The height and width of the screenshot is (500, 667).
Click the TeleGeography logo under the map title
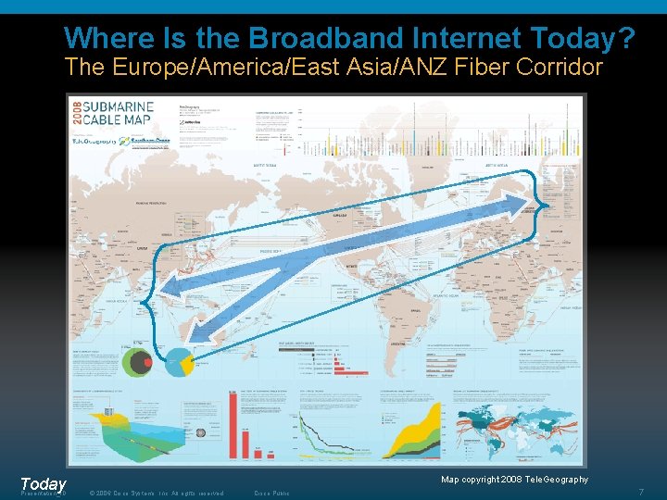[95, 141]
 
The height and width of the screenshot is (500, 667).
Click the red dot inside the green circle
[145, 364]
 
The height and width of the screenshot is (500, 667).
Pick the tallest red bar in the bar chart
[233, 425]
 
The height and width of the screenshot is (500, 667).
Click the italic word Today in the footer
[43, 484]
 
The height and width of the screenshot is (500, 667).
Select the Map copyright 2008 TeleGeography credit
[514, 479]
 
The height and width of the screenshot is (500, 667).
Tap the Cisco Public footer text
[272, 493]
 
